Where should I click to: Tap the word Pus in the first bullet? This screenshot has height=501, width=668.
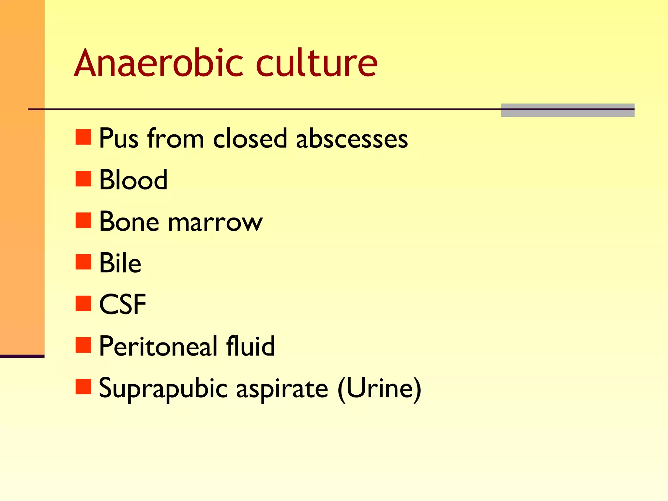[119, 139]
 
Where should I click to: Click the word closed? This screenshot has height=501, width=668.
[250, 139]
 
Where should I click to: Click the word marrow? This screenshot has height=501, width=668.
[215, 222]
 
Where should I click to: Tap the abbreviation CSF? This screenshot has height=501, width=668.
[122, 304]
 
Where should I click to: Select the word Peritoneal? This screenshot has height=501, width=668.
[158, 346]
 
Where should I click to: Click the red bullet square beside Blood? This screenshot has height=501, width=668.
[83, 179]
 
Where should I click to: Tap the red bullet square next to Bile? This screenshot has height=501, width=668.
[83, 262]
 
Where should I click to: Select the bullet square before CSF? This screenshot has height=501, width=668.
[83, 304]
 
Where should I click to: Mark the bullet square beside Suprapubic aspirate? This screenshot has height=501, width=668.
[83, 387]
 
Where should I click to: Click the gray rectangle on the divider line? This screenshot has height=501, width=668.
[568, 110]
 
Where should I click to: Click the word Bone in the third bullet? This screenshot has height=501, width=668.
[129, 222]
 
